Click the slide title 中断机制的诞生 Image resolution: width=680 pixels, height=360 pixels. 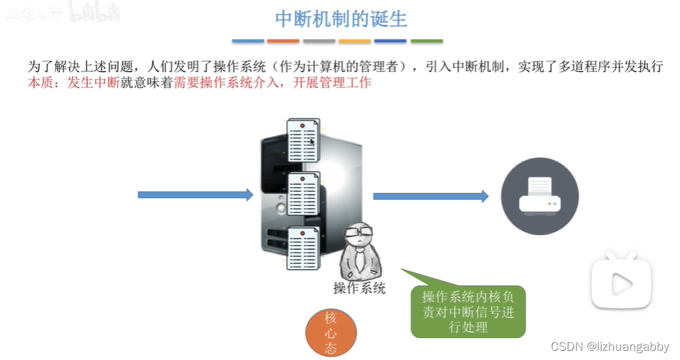click(x=340, y=18)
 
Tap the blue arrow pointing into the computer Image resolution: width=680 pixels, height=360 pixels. click(x=195, y=195)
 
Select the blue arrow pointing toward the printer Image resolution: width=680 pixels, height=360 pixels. click(x=430, y=196)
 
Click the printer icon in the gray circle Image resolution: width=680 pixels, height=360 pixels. click(x=539, y=196)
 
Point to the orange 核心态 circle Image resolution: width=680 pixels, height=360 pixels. click(x=330, y=332)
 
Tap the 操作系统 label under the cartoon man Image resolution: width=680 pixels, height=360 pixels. click(x=359, y=287)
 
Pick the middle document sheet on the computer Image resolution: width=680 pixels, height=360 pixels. click(x=304, y=193)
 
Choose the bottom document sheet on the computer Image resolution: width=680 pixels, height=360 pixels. click(x=303, y=247)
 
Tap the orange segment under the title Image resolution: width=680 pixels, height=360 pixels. click(x=283, y=41)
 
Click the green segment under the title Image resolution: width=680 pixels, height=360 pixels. click(x=427, y=41)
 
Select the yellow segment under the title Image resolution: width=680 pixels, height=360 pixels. click(x=354, y=41)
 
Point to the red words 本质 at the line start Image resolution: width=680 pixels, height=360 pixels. click(x=40, y=83)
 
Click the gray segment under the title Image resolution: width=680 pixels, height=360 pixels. click(x=319, y=41)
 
